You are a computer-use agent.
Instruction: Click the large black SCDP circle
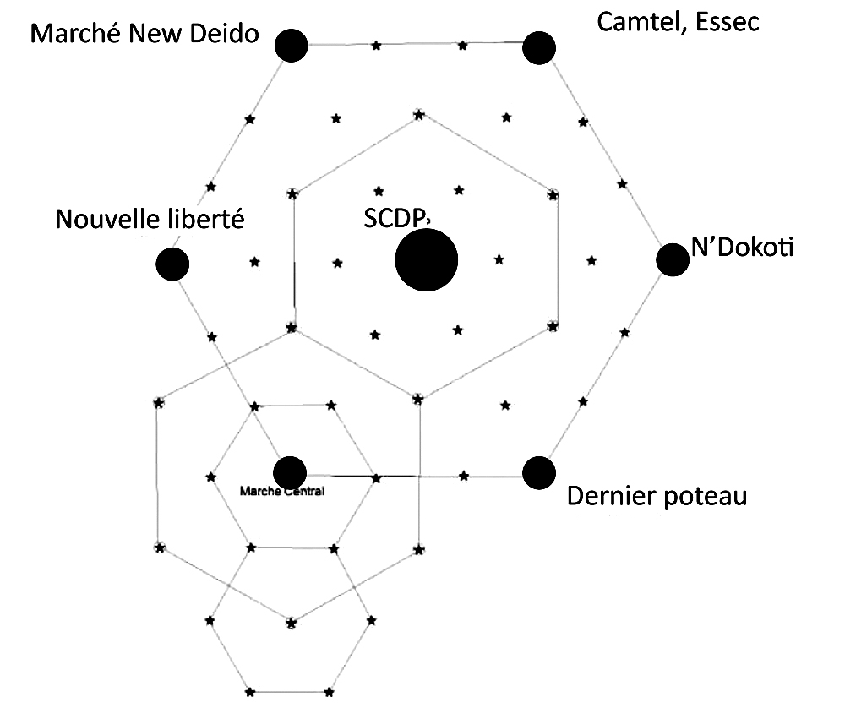pos(427,259)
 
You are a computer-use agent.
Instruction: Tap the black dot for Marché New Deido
pos(292,45)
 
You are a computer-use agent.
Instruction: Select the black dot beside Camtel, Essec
pos(538,47)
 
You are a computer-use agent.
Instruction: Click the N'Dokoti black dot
pos(673,259)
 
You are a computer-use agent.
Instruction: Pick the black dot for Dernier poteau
pos(539,472)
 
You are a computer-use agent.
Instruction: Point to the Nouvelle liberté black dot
pos(172,264)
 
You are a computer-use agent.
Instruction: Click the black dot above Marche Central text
pos(290,471)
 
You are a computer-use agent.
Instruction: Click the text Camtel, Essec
pos(678,22)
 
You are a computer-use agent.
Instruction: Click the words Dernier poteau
pos(657,496)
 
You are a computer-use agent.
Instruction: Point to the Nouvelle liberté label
pos(150,220)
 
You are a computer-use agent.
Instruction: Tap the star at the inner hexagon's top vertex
pos(418,112)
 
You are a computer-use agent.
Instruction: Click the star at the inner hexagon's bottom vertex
pos(417,398)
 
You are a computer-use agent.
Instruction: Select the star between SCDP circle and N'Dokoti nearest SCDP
pos(499,259)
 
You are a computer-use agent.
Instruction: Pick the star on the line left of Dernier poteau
pos(464,476)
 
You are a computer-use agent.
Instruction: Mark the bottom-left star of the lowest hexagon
pos(249,694)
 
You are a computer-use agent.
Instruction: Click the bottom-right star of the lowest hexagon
pos(330,694)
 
